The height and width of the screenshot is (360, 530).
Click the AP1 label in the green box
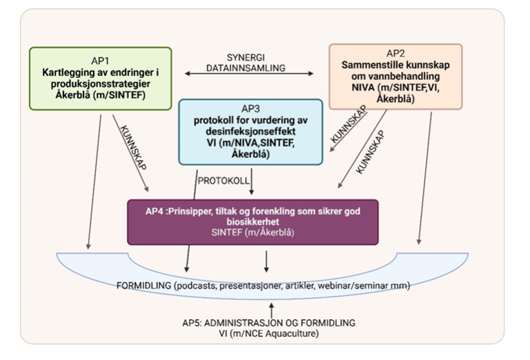coord(101,59)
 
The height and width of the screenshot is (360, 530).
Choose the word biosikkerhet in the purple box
coord(253,223)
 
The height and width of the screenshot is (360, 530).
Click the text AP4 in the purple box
coord(147,212)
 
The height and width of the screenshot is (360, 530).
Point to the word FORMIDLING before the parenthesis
coord(143,286)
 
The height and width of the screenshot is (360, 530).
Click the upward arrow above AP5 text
coord(274,308)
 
